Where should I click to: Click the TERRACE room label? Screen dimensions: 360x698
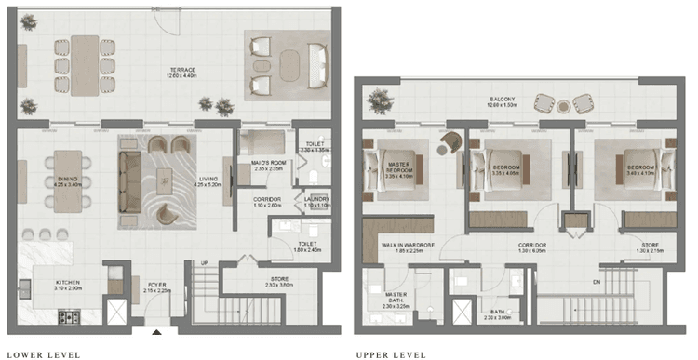[181, 70]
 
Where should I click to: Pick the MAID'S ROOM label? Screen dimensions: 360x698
[266, 166]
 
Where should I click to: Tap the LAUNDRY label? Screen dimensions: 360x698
[315, 200]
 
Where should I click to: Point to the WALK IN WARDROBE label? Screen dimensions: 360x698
[403, 247]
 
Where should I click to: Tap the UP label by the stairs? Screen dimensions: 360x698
[203, 263]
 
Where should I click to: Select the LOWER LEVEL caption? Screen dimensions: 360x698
[43, 354]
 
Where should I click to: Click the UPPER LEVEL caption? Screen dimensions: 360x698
[391, 354]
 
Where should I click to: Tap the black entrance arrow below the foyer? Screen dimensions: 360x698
[156, 332]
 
